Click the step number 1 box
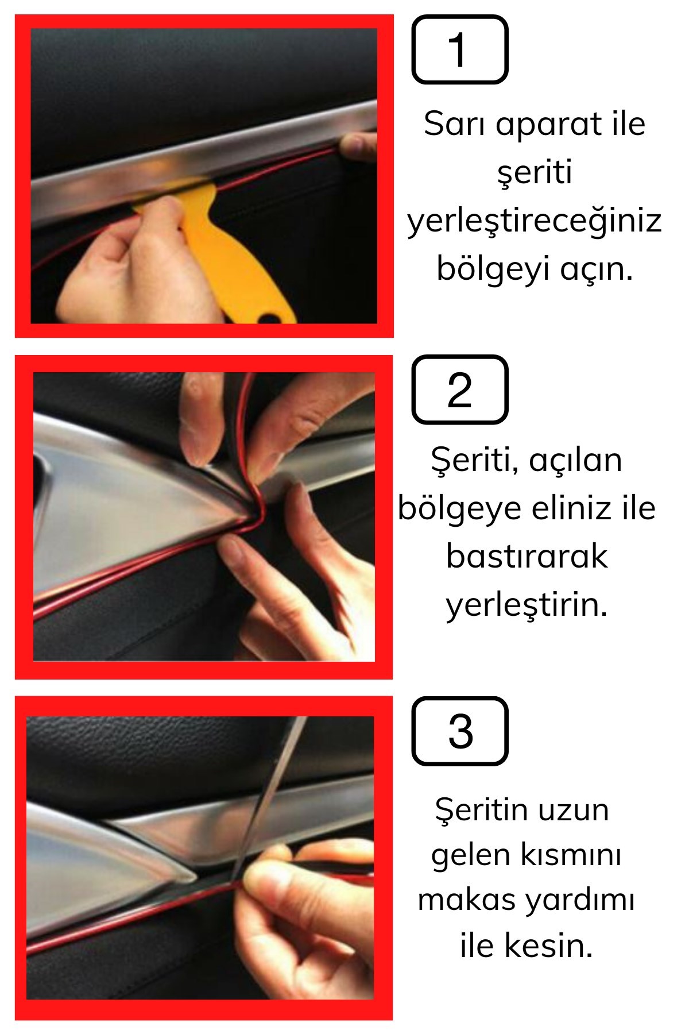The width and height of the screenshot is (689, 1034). click(x=460, y=50)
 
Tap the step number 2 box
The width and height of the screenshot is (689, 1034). click(x=460, y=389)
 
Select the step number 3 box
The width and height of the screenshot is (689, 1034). click(x=460, y=731)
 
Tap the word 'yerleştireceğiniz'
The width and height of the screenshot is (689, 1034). click(x=535, y=221)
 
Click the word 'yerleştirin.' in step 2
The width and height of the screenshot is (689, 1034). click(x=527, y=604)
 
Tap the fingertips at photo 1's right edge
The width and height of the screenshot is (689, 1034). click(x=358, y=146)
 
